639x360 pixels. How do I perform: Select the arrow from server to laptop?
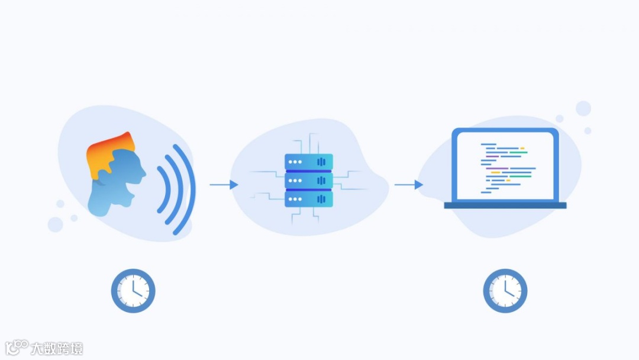click(409, 185)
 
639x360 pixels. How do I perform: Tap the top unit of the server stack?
click(308, 162)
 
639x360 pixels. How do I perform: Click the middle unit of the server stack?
click(308, 180)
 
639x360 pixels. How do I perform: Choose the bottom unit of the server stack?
click(308, 199)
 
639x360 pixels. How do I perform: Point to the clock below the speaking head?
click(133, 291)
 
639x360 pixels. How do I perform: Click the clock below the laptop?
click(505, 291)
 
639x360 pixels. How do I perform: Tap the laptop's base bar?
click(505, 205)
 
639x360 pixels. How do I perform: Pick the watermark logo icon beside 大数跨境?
click(17, 347)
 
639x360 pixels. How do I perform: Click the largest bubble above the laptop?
click(583, 108)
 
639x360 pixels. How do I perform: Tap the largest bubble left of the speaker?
click(56, 224)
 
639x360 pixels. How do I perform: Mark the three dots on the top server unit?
click(295, 161)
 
